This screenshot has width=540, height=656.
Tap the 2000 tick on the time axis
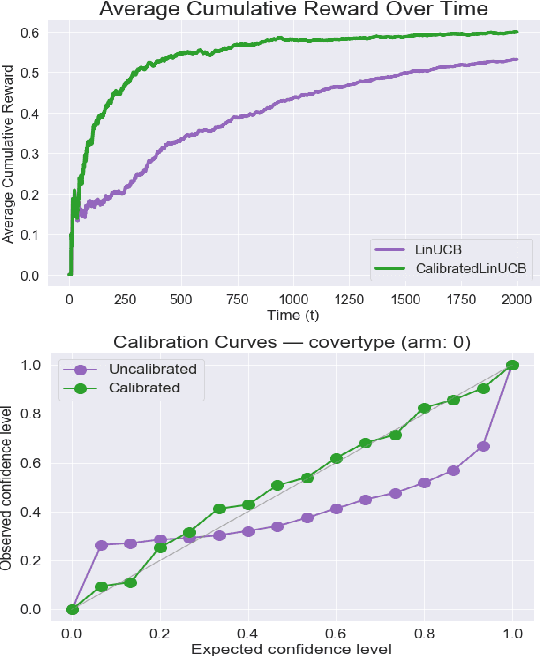515,298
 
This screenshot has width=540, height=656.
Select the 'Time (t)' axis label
292,314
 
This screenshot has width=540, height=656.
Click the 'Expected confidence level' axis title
292,648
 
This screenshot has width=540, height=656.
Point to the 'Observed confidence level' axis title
9,488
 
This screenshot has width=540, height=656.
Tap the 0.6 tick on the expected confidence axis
336,633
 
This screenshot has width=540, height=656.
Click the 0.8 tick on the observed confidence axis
32,414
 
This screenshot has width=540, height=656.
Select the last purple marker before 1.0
484,446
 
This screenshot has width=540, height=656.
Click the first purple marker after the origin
101,545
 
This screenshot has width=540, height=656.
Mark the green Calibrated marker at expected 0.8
425,408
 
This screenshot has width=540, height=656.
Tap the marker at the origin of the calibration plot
71,609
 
